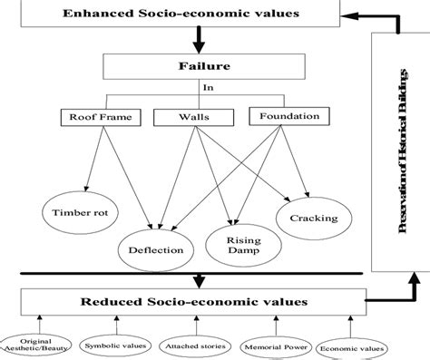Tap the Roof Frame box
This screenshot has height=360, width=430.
click(x=93, y=116)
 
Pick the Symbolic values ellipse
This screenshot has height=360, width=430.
click(x=114, y=345)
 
